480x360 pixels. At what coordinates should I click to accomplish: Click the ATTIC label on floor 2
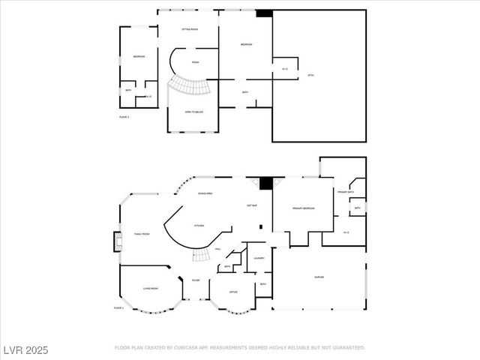310,75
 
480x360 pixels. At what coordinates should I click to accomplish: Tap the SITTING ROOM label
190,29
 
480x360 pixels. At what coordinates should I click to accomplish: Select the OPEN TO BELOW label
194,112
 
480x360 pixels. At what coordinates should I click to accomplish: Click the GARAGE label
319,277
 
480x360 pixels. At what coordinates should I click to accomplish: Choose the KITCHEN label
199,225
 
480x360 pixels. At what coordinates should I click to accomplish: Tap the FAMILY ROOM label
142,234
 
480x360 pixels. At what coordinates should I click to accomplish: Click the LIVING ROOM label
150,288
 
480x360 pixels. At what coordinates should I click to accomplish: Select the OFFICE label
233,291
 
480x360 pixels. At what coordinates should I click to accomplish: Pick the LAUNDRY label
259,258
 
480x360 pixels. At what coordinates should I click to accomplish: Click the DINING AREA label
204,193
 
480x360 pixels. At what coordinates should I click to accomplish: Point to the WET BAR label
252,205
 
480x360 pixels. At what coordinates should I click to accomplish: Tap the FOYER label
196,280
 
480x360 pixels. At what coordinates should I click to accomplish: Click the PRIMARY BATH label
345,192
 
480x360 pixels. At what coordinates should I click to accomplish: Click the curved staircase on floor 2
187,86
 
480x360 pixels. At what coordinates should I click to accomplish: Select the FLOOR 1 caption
119,307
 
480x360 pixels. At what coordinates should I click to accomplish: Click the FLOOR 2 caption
124,117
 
